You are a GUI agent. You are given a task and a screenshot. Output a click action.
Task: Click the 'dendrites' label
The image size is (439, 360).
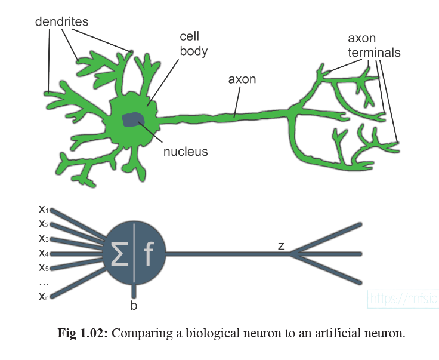point(61,22)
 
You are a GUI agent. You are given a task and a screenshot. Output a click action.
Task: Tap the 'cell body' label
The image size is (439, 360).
point(194,44)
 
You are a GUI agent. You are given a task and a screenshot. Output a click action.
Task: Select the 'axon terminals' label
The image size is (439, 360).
point(374,45)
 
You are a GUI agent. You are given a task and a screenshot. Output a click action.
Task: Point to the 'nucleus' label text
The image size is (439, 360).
point(186,152)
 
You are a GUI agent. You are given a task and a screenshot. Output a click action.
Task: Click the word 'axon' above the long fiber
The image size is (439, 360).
point(242,79)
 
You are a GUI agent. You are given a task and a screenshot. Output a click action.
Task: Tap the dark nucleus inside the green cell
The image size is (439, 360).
point(132,120)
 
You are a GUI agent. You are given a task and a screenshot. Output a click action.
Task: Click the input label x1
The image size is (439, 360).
point(44,210)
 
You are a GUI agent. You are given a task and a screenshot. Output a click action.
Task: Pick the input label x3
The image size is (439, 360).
point(44,238)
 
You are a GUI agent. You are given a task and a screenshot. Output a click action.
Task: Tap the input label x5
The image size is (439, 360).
point(44,266)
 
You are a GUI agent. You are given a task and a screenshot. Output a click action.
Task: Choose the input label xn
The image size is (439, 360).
point(44,295)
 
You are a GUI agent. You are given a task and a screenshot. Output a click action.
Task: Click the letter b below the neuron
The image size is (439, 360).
point(134,306)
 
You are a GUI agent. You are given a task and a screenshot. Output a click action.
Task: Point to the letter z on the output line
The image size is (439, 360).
point(280,245)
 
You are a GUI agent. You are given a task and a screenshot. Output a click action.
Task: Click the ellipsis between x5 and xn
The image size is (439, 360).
point(43,282)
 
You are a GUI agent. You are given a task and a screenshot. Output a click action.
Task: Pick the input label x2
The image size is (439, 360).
point(44,224)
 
